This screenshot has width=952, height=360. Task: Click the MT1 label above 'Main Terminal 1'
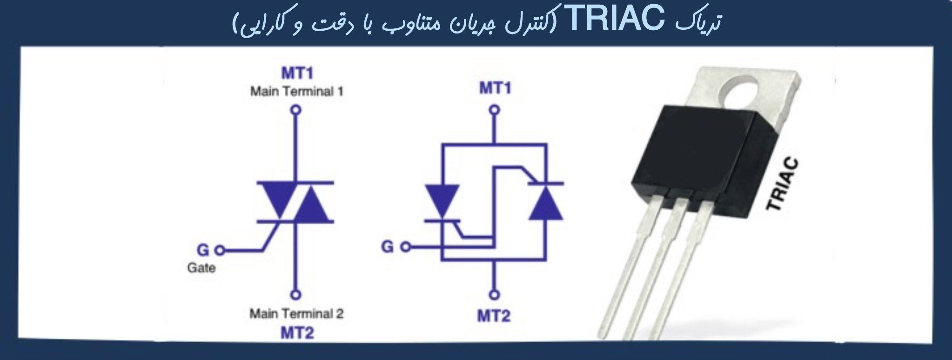coord(297,73)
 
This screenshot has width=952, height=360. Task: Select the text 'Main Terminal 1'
coord(296,91)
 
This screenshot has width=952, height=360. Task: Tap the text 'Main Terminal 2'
coord(296,314)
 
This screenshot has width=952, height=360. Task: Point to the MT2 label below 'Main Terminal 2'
coord(297,333)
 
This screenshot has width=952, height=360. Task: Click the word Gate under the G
coord(201,268)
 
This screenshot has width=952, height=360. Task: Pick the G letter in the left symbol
coord(203,250)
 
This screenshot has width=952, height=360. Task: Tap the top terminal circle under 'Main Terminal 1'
coord(296,110)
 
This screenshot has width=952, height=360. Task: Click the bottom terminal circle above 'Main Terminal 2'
coord(296,295)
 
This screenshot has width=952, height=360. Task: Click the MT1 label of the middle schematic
coord(495,88)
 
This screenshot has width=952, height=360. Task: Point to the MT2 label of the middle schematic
coord(494,316)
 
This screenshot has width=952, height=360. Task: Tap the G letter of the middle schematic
coord(387,247)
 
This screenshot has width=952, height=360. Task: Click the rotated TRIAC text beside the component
coord(783,185)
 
